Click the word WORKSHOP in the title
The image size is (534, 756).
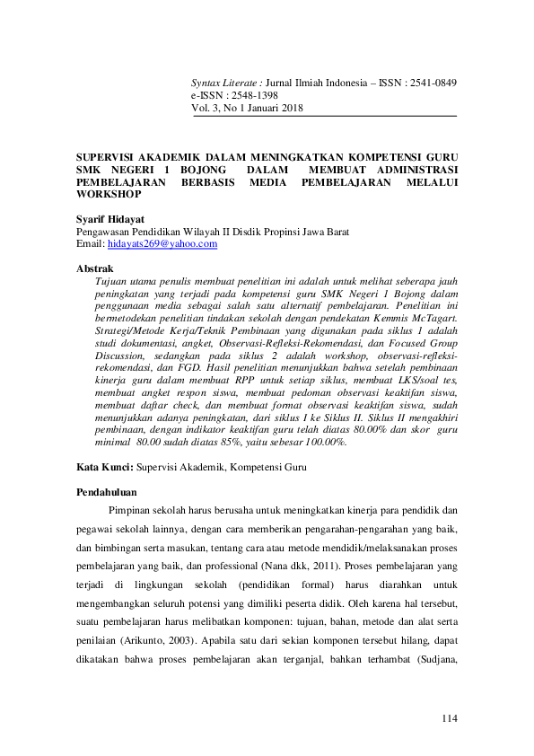109,193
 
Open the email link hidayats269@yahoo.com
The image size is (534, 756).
162,243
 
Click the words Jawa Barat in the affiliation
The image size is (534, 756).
337,232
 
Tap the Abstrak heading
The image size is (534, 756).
95,268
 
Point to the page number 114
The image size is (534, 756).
449,719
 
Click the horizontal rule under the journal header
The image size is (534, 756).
323,116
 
